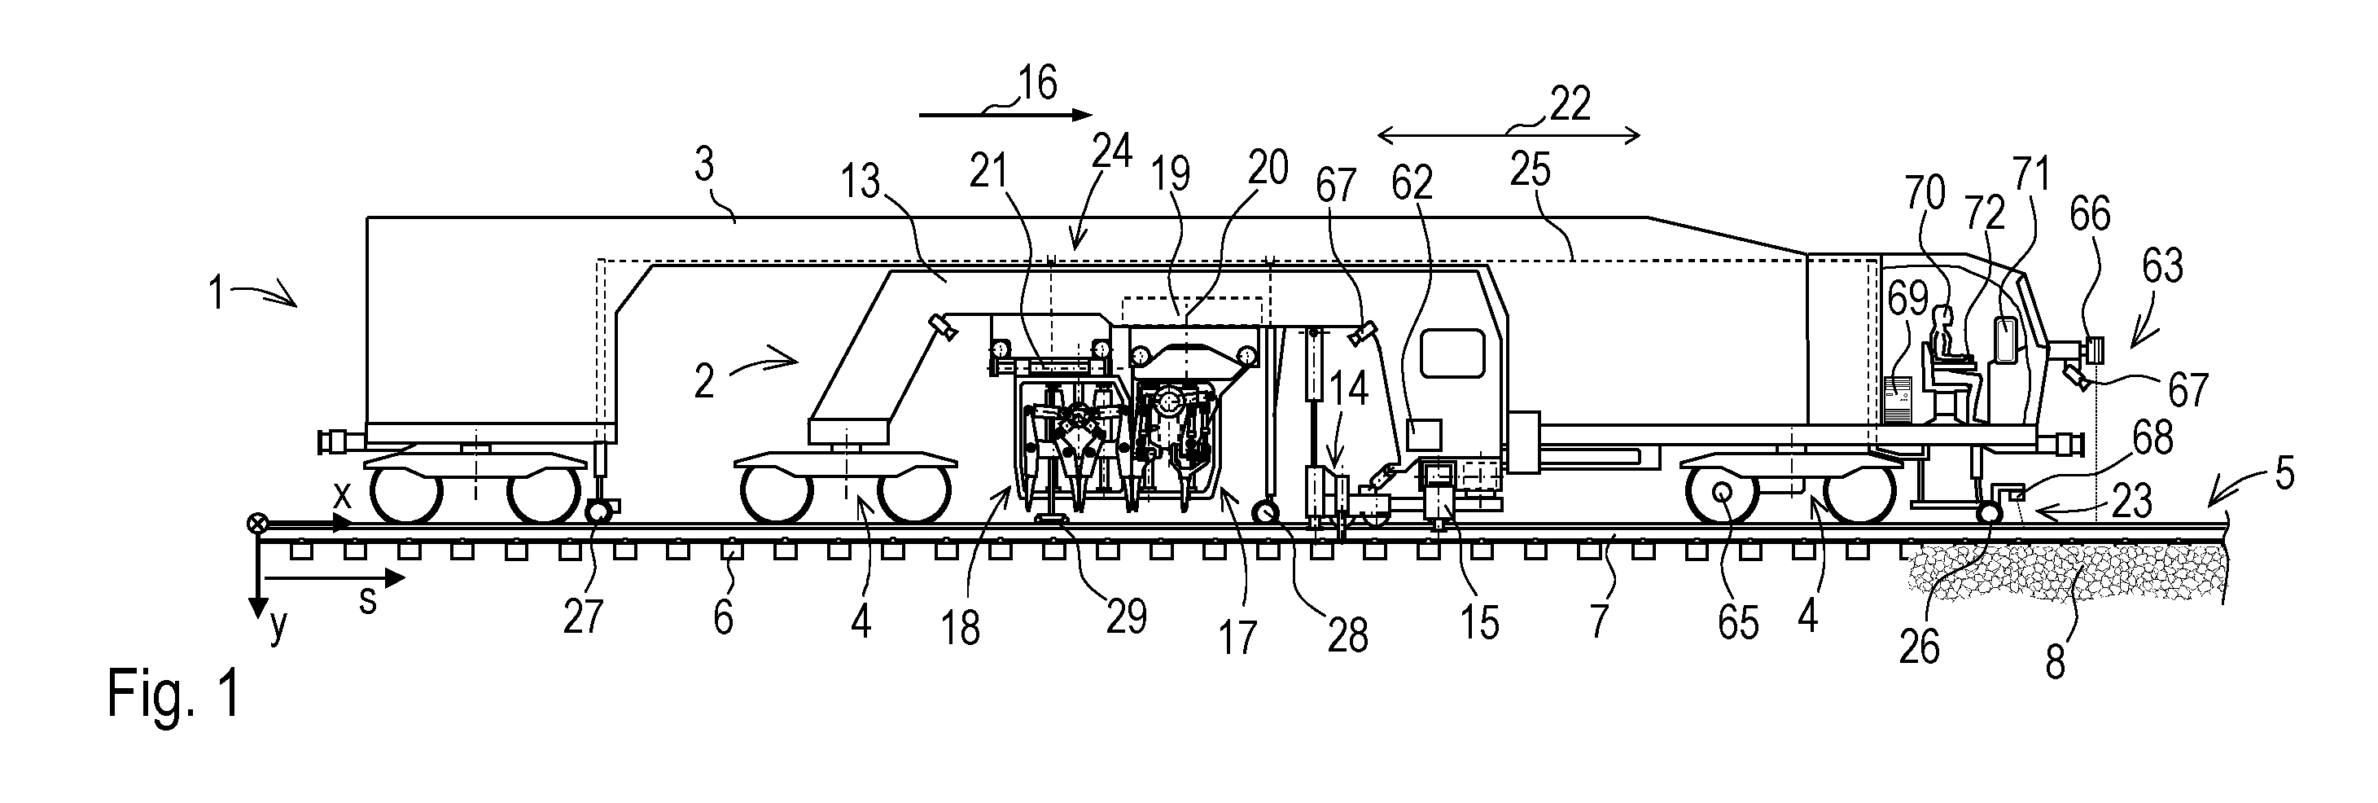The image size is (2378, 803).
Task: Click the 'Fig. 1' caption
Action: pos(173,693)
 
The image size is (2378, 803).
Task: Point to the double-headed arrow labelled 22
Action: pos(1509,137)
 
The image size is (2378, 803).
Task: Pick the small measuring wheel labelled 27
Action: pos(600,511)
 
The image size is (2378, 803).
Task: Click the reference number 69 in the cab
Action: pos(1908,299)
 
